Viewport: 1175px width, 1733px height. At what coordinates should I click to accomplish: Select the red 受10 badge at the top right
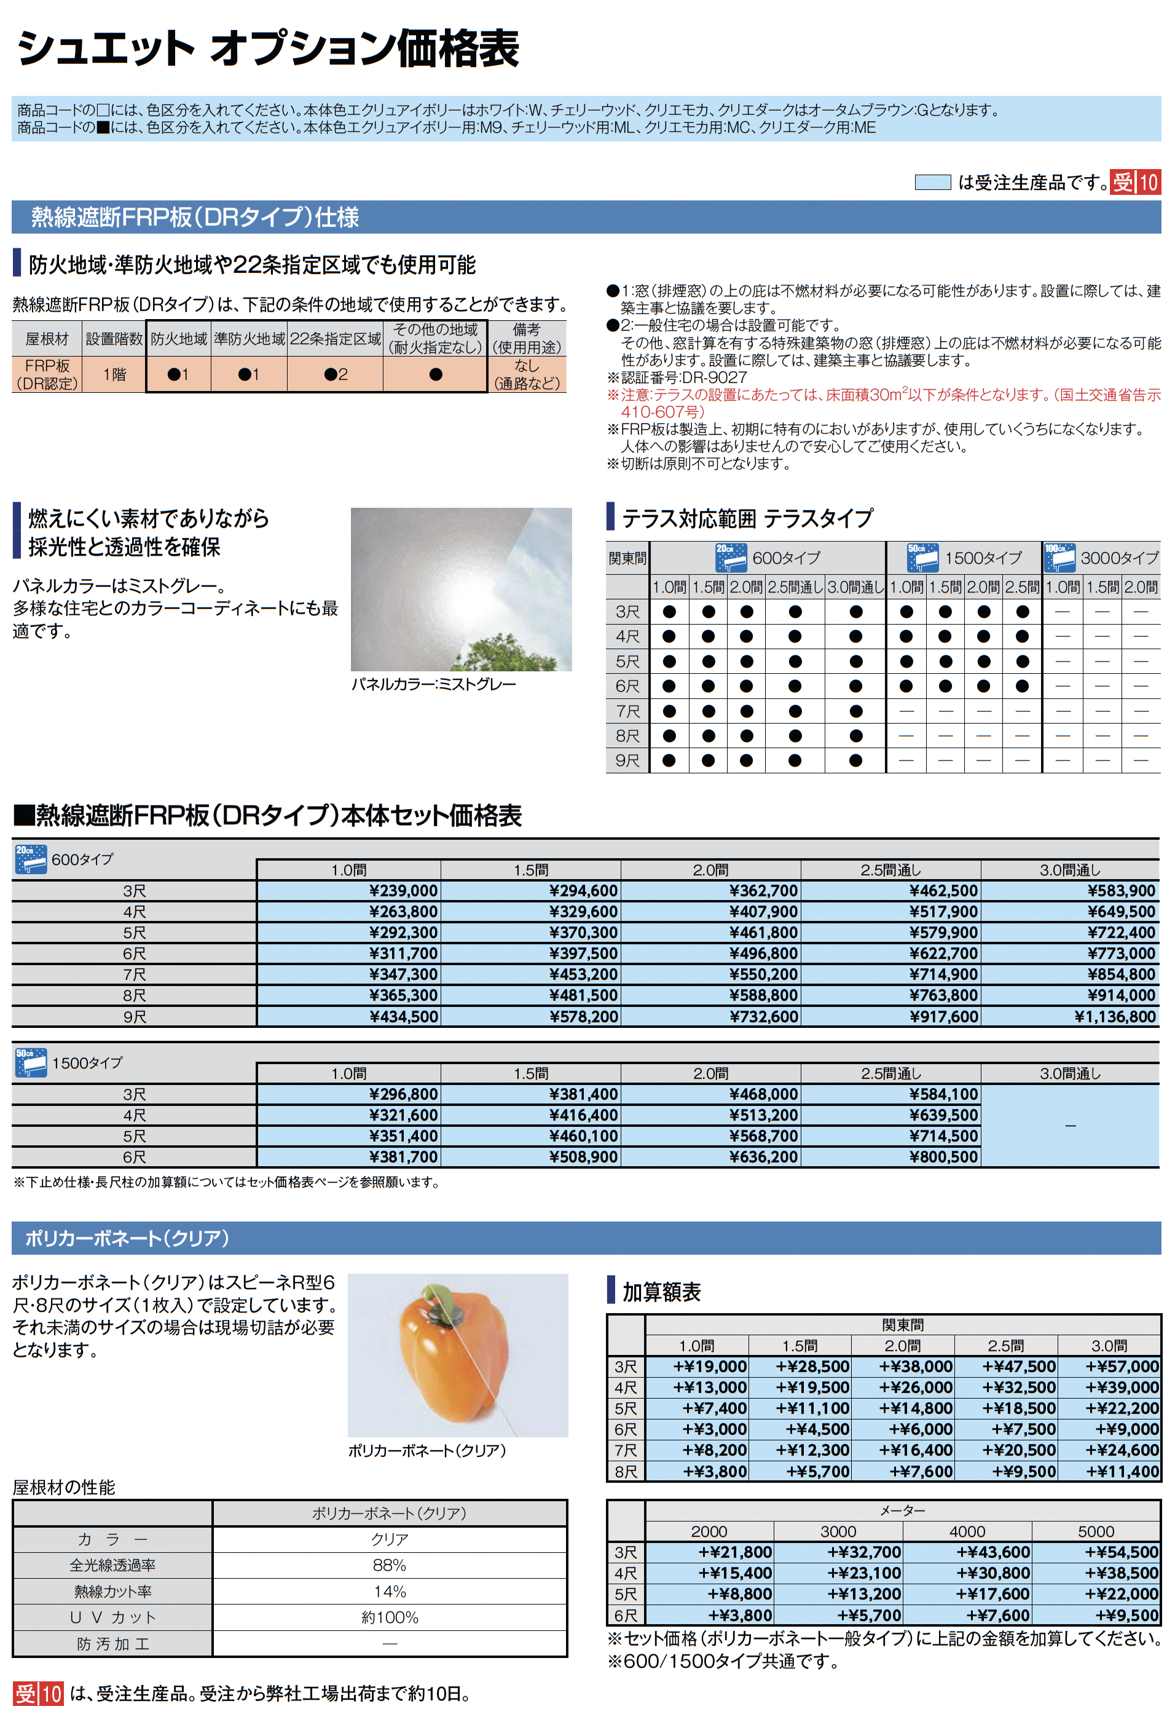tap(1134, 182)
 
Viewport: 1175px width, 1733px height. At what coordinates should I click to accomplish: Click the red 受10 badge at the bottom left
tap(38, 1694)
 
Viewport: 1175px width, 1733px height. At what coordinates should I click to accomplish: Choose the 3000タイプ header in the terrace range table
tap(1119, 558)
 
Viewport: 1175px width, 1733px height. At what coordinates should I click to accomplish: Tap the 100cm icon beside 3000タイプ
tap(1059, 558)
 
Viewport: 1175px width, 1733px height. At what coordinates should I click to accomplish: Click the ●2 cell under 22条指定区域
tap(336, 374)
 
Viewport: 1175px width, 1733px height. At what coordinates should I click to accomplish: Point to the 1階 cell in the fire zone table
tap(114, 374)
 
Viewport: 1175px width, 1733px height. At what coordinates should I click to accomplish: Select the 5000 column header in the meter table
tap(1095, 1531)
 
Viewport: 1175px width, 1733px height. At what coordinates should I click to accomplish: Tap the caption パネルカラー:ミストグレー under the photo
tap(433, 684)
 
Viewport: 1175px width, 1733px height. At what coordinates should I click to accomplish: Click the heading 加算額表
tap(661, 1292)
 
